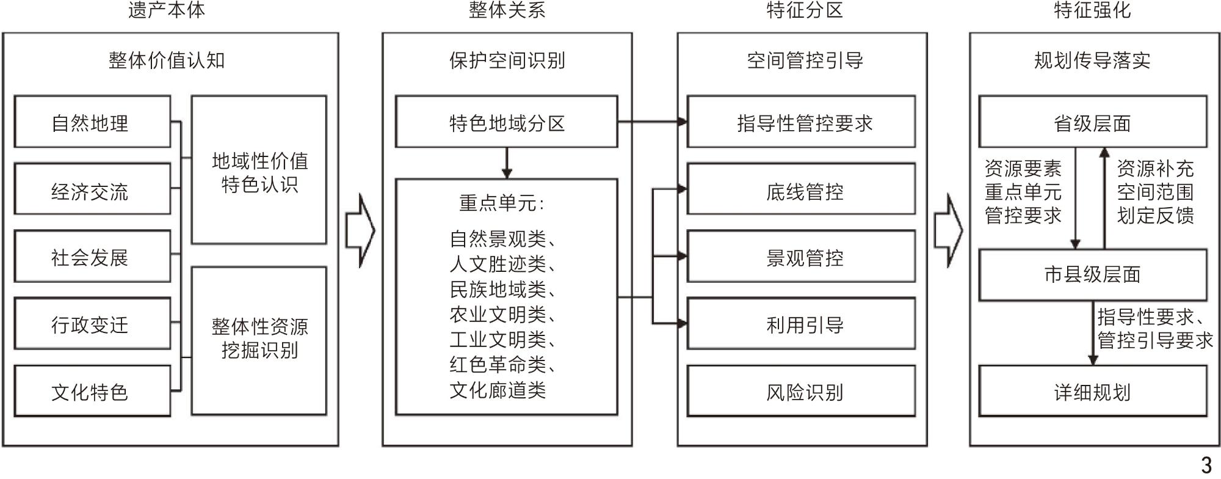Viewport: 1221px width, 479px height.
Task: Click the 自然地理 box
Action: pyautogui.click(x=92, y=122)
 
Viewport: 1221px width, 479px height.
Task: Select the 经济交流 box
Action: pyautogui.click(x=92, y=189)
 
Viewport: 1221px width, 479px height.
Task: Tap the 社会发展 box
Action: pyautogui.click(x=92, y=256)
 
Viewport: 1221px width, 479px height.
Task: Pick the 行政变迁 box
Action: pyautogui.click(x=92, y=324)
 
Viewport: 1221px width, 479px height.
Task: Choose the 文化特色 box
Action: pyautogui.click(x=92, y=391)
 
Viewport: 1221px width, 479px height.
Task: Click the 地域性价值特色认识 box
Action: pyautogui.click(x=259, y=170)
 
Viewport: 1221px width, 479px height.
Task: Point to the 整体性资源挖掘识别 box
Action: pyautogui.click(x=259, y=341)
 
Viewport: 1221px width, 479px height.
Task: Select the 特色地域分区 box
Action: pyautogui.click(x=507, y=122)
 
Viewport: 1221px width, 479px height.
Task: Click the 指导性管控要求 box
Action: pyautogui.click(x=801, y=122)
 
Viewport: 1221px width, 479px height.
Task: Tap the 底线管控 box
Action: pyautogui.click(x=801, y=189)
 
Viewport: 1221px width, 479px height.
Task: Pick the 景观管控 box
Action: pyautogui.click(x=801, y=256)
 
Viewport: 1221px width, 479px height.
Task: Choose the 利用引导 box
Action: pyautogui.click(x=801, y=324)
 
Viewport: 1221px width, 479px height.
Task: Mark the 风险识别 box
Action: pyautogui.click(x=801, y=391)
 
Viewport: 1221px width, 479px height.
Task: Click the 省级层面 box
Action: pyautogui.click(x=1093, y=122)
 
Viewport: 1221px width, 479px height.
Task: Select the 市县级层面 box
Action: pyautogui.click(x=1093, y=275)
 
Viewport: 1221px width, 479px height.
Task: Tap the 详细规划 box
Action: pyautogui.click(x=1093, y=391)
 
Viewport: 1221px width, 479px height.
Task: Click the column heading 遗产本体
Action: pyautogui.click(x=167, y=10)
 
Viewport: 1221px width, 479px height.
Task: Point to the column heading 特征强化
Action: pyautogui.click(x=1092, y=10)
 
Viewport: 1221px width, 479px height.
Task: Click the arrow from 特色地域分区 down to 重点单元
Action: pyautogui.click(x=506, y=163)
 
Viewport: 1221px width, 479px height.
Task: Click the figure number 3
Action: pyautogui.click(x=1206, y=465)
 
